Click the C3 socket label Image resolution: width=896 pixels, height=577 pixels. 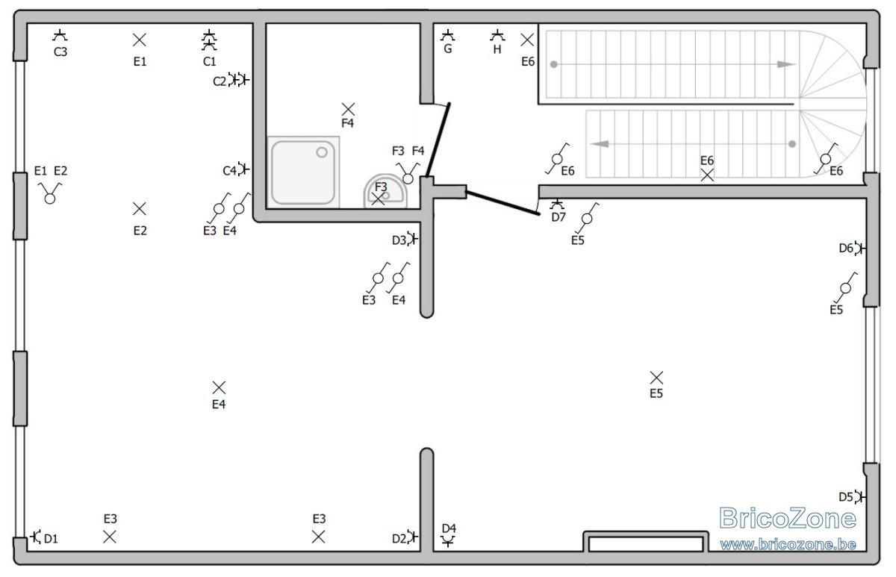click(x=60, y=52)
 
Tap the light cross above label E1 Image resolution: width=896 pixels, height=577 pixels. click(x=139, y=40)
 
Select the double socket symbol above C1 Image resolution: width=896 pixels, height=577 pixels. click(x=209, y=40)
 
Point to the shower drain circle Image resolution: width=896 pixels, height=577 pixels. click(x=322, y=152)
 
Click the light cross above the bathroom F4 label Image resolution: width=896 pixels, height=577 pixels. click(x=348, y=109)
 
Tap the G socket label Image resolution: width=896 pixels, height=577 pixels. click(x=448, y=49)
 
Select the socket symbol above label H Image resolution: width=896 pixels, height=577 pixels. click(x=497, y=35)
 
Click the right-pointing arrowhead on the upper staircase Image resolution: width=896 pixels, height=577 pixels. click(x=785, y=64)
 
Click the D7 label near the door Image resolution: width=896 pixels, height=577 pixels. click(x=559, y=217)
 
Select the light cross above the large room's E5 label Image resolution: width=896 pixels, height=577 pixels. click(x=656, y=378)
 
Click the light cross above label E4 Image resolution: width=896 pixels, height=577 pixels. click(x=219, y=387)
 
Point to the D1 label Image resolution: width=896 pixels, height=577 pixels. click(x=51, y=539)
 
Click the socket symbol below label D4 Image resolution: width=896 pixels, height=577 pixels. click(x=448, y=541)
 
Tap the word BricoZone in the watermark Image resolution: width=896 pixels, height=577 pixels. click(x=788, y=518)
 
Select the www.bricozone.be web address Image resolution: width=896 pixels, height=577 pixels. click(x=788, y=545)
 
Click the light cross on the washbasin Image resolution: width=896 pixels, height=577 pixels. click(x=378, y=199)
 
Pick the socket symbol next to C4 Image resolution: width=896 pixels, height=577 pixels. click(x=243, y=169)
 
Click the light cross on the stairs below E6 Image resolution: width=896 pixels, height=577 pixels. click(x=707, y=175)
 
